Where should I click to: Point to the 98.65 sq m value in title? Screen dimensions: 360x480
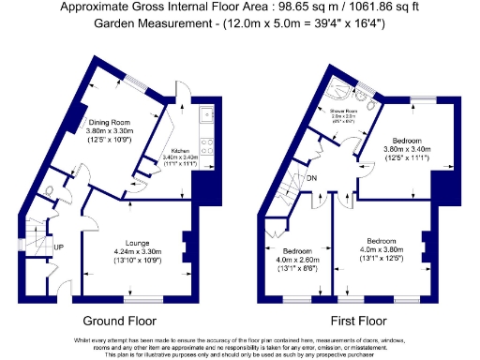pos(263,7)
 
